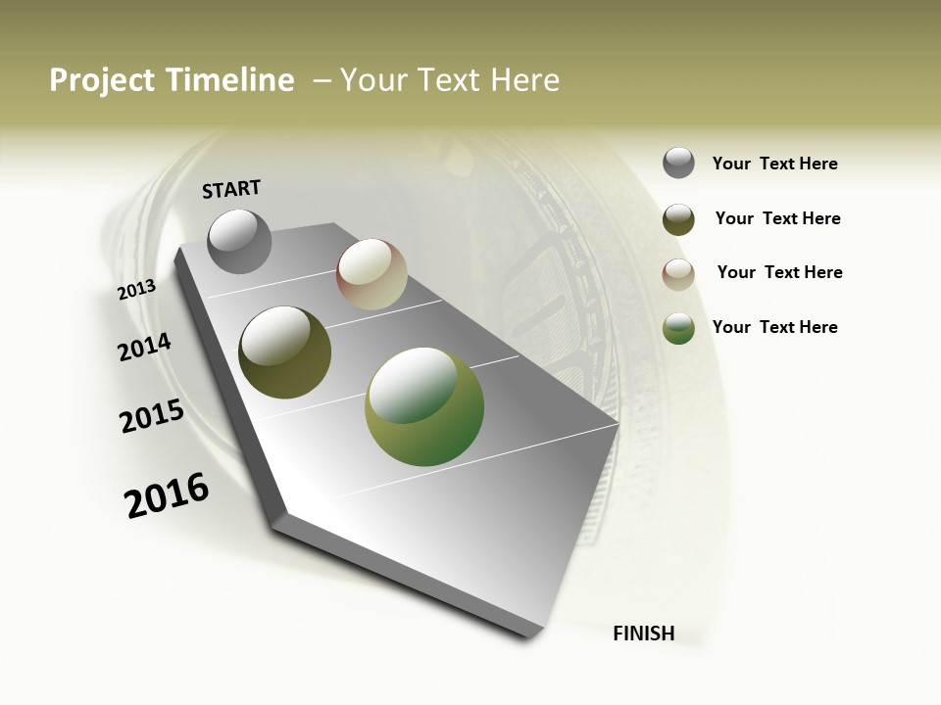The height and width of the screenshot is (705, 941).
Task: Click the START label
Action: [x=231, y=189]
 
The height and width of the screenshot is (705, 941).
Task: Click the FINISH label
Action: [x=644, y=634]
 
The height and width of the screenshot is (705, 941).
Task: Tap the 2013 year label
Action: [x=137, y=290]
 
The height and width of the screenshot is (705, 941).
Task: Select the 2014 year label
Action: [x=145, y=348]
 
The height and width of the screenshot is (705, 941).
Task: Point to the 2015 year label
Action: [x=152, y=416]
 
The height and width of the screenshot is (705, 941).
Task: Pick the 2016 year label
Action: [x=167, y=494]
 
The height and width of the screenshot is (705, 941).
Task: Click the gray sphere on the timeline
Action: [x=240, y=241]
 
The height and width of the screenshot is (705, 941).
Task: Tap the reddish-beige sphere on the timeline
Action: [x=371, y=274]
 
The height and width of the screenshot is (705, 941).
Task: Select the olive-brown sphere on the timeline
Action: [x=285, y=352]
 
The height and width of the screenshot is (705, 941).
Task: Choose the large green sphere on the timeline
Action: [x=424, y=406]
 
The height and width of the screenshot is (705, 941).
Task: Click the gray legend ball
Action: [x=678, y=163]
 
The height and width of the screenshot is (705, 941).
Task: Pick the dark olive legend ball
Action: [x=678, y=219]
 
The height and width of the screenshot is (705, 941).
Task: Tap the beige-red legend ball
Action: [x=678, y=274]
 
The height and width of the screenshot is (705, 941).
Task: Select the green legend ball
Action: [x=678, y=328]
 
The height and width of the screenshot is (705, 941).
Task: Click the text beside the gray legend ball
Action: [x=775, y=164]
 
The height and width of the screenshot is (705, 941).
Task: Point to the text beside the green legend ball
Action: [x=775, y=327]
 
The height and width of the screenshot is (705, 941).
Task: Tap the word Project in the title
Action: [x=103, y=80]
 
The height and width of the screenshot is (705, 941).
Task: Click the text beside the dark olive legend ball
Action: [x=778, y=218]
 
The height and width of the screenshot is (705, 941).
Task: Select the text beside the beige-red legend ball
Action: [x=780, y=272]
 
